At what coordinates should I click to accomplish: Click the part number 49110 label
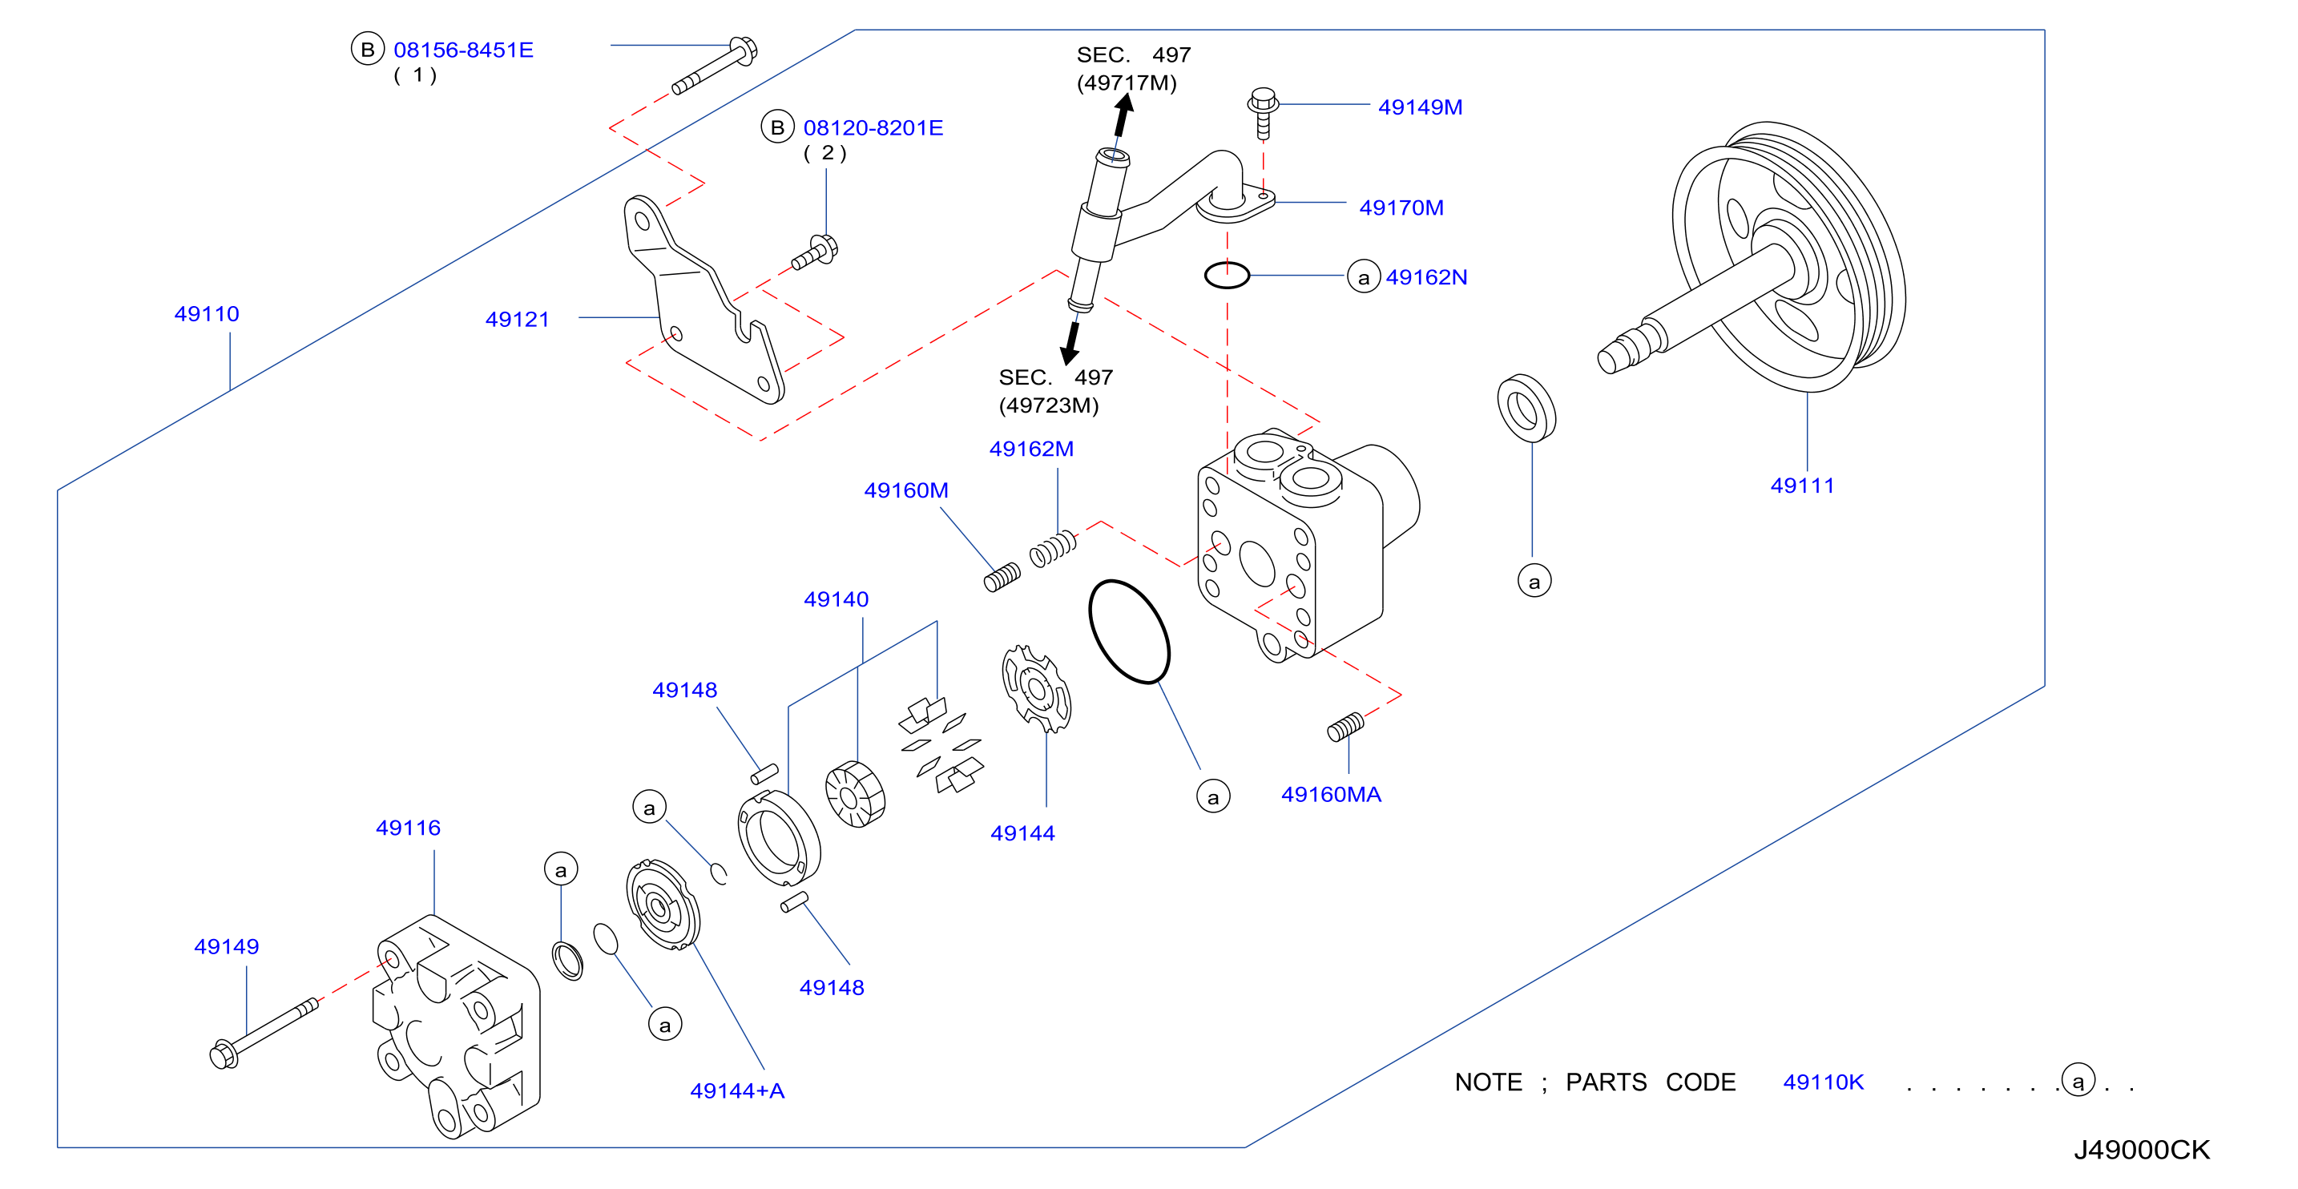pyautogui.click(x=207, y=314)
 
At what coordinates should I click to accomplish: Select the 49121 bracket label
pyautogui.click(x=518, y=320)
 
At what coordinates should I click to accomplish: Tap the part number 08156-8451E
pyautogui.click(x=464, y=50)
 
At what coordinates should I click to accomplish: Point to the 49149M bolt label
pyautogui.click(x=1420, y=107)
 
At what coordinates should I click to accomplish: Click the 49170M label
pyautogui.click(x=1401, y=208)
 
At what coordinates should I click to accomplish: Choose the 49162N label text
pyautogui.click(x=1426, y=277)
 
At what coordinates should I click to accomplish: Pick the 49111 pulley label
pyautogui.click(x=1803, y=486)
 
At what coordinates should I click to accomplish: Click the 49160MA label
pyautogui.click(x=1331, y=794)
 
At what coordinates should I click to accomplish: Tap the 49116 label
pyautogui.click(x=409, y=828)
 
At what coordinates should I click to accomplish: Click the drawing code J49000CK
pyautogui.click(x=2142, y=1150)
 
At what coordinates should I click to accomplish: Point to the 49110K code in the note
pyautogui.click(x=1824, y=1082)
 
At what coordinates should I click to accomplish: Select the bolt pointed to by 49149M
pyautogui.click(x=1264, y=113)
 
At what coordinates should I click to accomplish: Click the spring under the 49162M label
pyautogui.click(x=1054, y=549)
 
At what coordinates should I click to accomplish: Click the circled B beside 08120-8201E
pyautogui.click(x=778, y=127)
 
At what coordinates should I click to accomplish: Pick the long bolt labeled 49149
pyautogui.click(x=264, y=1032)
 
